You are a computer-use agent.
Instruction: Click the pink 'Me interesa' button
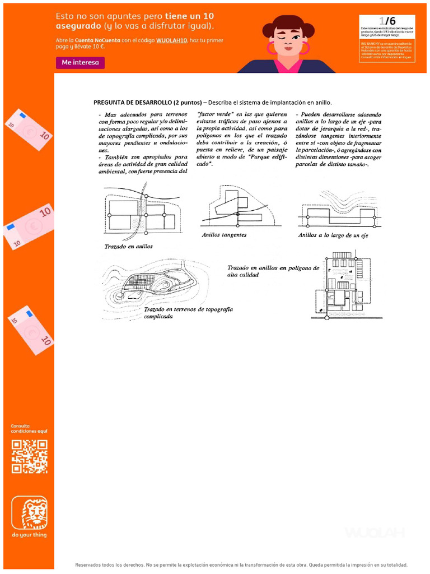80,63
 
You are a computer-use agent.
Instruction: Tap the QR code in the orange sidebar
29,456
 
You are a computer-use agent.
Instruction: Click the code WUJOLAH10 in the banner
174,40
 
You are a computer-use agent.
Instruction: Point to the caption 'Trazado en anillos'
128,246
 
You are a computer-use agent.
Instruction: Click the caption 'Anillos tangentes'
224,235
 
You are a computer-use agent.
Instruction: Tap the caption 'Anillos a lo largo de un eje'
333,235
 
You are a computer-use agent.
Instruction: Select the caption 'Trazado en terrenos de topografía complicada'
188,312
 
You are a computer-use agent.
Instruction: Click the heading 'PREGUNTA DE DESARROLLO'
132,103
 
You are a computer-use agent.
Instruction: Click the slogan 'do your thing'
29,535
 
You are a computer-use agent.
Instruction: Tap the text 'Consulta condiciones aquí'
29,428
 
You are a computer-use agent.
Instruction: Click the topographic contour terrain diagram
153,286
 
